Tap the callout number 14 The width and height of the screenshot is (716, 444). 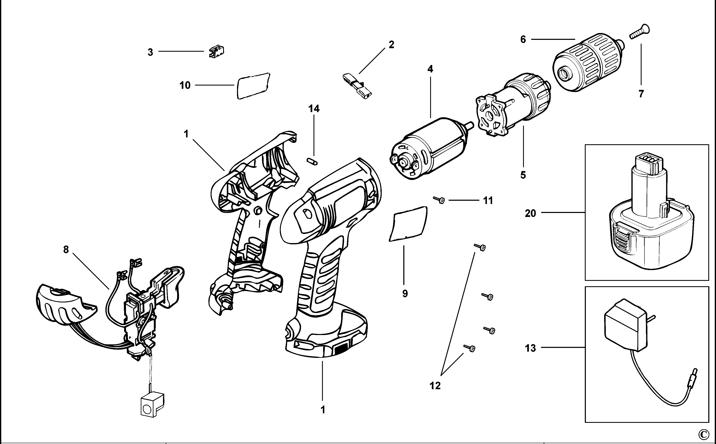tap(314, 109)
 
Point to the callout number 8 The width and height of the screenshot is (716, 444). tap(66, 250)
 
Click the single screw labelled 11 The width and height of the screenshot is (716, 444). tap(439, 200)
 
